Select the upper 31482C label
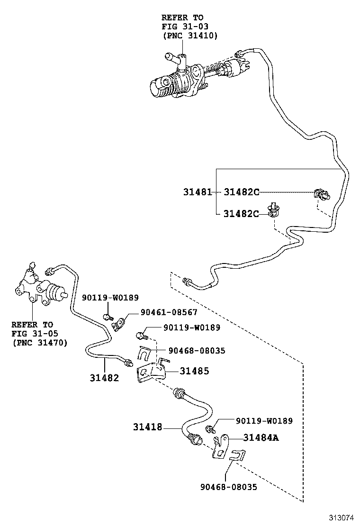242,192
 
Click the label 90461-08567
169,313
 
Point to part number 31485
194,371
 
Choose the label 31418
147,427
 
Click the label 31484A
261,438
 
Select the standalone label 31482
104,378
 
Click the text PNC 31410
190,35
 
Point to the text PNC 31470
40,342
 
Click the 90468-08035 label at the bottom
228,487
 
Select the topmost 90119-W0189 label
110,298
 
